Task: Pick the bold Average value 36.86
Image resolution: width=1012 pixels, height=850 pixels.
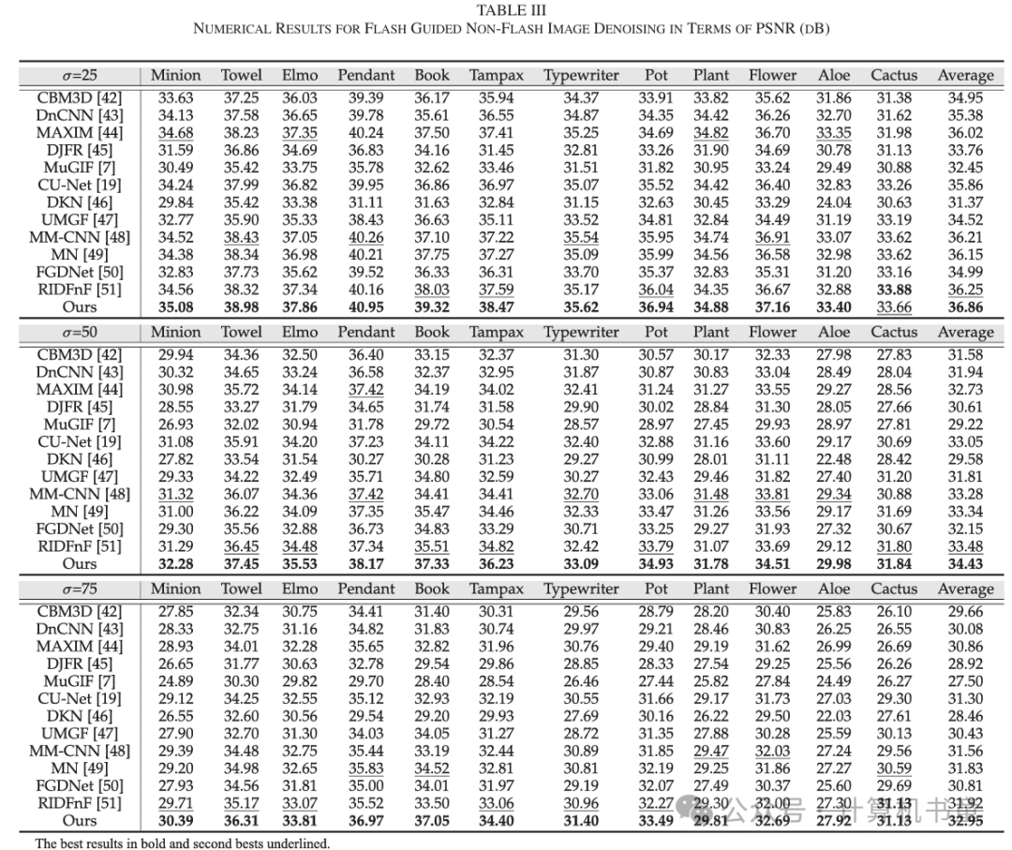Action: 964,306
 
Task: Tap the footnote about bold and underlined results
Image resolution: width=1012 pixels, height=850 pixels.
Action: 183,843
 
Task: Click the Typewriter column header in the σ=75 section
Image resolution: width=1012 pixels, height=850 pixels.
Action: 581,589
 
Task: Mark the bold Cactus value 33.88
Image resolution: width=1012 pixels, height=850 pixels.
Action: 892,289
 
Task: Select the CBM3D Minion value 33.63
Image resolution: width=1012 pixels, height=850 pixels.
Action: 175,97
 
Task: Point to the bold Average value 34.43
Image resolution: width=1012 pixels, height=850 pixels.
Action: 964,563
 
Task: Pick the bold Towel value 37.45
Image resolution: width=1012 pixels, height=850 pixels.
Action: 241,563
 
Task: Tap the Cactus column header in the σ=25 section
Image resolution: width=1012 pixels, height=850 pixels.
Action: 892,75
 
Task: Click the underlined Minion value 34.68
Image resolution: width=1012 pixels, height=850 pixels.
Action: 175,132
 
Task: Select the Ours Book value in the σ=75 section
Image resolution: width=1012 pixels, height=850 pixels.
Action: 431,820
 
